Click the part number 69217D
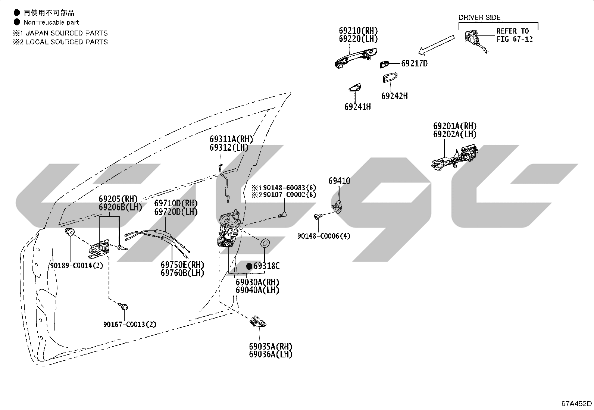414,63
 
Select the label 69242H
394,96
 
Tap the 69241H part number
357,107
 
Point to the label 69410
339,181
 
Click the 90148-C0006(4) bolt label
323,236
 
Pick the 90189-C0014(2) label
76,266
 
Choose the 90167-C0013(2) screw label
130,324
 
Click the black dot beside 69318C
249,266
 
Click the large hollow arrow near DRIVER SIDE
437,44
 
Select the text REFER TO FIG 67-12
515,35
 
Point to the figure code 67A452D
576,403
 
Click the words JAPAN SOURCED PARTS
66,33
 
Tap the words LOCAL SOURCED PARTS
66,42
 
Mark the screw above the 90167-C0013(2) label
123,306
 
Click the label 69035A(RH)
271,346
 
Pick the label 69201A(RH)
455,126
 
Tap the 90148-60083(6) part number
290,188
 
